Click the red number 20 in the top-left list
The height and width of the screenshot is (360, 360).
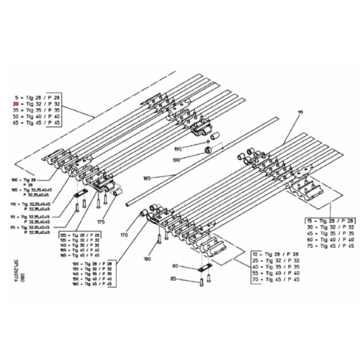click(15, 104)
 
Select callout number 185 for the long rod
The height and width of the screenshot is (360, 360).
click(147, 176)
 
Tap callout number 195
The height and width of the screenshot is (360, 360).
click(177, 148)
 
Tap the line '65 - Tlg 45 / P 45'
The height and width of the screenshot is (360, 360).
click(36, 124)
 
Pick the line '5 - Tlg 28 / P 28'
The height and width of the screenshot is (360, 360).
click(36, 97)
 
